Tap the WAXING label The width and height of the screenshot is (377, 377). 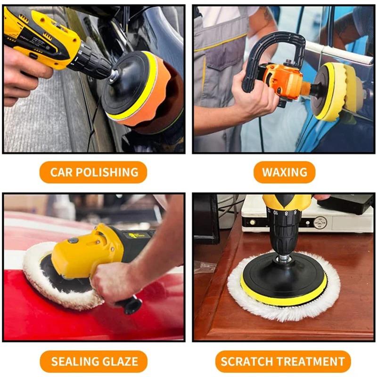point(284,172)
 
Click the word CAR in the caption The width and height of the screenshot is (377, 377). point(61,172)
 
